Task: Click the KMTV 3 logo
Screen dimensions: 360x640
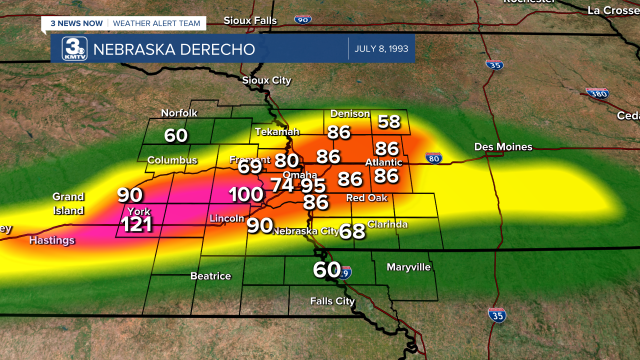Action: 74,49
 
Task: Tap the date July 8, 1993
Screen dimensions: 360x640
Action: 381,49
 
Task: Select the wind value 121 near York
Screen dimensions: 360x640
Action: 137,224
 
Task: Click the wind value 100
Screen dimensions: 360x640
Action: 246,194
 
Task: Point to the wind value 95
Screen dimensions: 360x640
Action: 313,185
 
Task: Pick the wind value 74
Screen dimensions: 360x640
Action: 282,185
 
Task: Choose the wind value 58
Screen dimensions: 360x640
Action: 389,121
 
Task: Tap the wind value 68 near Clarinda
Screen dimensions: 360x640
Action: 352,231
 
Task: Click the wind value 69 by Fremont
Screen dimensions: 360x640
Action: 250,166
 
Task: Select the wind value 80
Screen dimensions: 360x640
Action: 286,160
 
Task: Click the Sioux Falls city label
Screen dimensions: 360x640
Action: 250,20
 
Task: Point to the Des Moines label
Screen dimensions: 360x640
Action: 503,147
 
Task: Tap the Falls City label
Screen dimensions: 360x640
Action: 332,301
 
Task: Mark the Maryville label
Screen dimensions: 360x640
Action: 408,267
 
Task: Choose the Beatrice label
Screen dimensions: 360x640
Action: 210,276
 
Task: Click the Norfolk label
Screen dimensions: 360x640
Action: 179,113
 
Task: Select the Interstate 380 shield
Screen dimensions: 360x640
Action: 597,93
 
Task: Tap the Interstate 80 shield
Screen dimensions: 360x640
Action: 433,158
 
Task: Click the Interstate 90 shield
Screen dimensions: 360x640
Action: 303,19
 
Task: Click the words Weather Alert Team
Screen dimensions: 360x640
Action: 156,23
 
